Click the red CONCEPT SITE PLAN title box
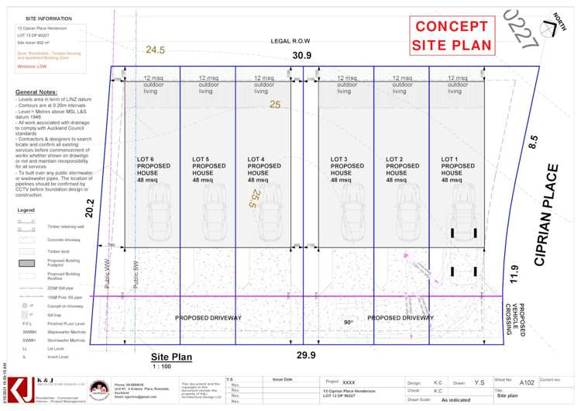[452, 36]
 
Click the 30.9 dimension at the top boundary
[302, 55]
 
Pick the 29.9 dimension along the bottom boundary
[307, 355]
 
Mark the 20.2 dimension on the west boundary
[89, 207]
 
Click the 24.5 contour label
[155, 50]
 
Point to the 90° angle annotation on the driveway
[348, 323]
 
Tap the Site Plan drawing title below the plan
[171, 357]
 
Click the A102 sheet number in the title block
[526, 382]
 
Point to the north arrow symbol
[552, 28]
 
